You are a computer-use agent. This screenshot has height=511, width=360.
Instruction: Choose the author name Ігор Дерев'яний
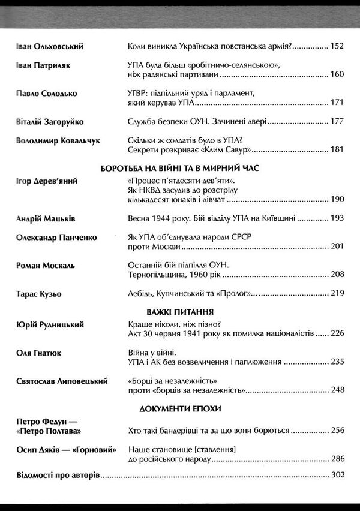47,181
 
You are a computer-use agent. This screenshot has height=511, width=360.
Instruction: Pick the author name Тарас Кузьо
39,294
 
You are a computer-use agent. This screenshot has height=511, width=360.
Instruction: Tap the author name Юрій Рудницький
50,325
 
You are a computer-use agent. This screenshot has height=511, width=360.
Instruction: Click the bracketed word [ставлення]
221,449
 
